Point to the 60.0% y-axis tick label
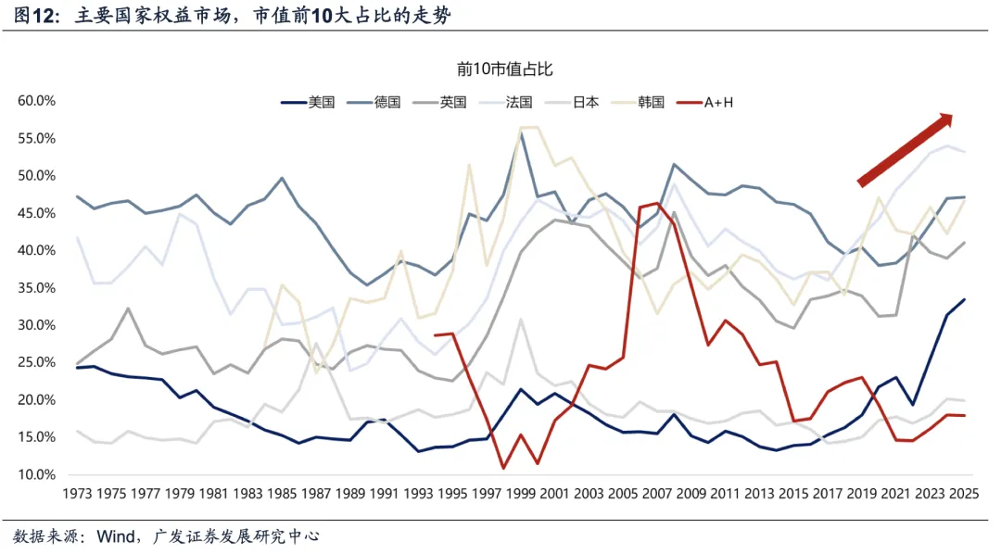point(37,101)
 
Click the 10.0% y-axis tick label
point(37,474)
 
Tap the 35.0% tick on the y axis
point(37,288)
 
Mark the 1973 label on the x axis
point(77,496)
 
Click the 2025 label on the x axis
point(965,496)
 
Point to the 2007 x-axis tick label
point(658,496)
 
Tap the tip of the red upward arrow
point(952,116)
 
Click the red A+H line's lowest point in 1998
point(502,468)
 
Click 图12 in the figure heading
point(35,17)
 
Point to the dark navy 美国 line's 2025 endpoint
point(965,299)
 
